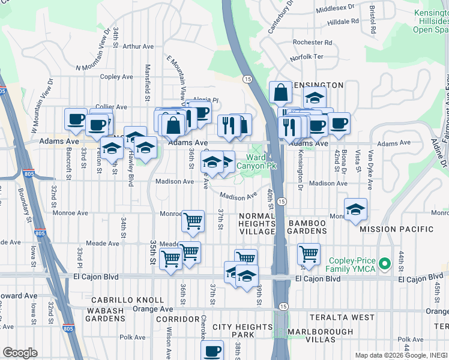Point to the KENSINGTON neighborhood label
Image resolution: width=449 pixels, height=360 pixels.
tap(318, 85)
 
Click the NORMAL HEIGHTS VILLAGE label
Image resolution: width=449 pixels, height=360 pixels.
tap(256, 223)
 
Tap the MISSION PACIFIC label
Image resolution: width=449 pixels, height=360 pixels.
tap(397, 229)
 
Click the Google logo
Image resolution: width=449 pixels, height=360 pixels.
tap(19, 352)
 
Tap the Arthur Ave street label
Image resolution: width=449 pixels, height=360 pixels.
tap(138, 46)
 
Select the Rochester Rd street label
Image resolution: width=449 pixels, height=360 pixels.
tap(312, 43)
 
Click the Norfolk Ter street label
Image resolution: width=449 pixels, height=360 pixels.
tap(306, 58)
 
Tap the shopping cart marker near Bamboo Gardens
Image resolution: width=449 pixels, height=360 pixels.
tap(309, 254)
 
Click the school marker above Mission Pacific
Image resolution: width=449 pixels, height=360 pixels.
tap(355, 209)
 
